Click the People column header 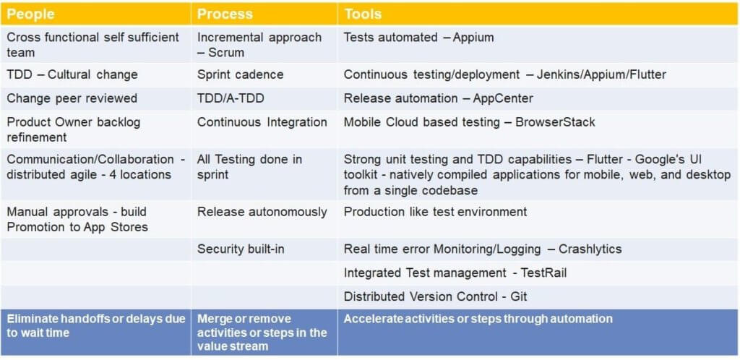click(30, 14)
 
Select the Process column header click(225, 14)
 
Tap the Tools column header click(363, 14)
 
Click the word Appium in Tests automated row click(473, 38)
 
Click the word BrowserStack click(555, 122)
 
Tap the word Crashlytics click(590, 249)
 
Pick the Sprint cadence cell click(240, 74)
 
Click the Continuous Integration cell click(262, 122)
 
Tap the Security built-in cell click(241, 249)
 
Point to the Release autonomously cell click(262, 212)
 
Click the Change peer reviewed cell click(72, 98)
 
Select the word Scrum click(226, 52)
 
